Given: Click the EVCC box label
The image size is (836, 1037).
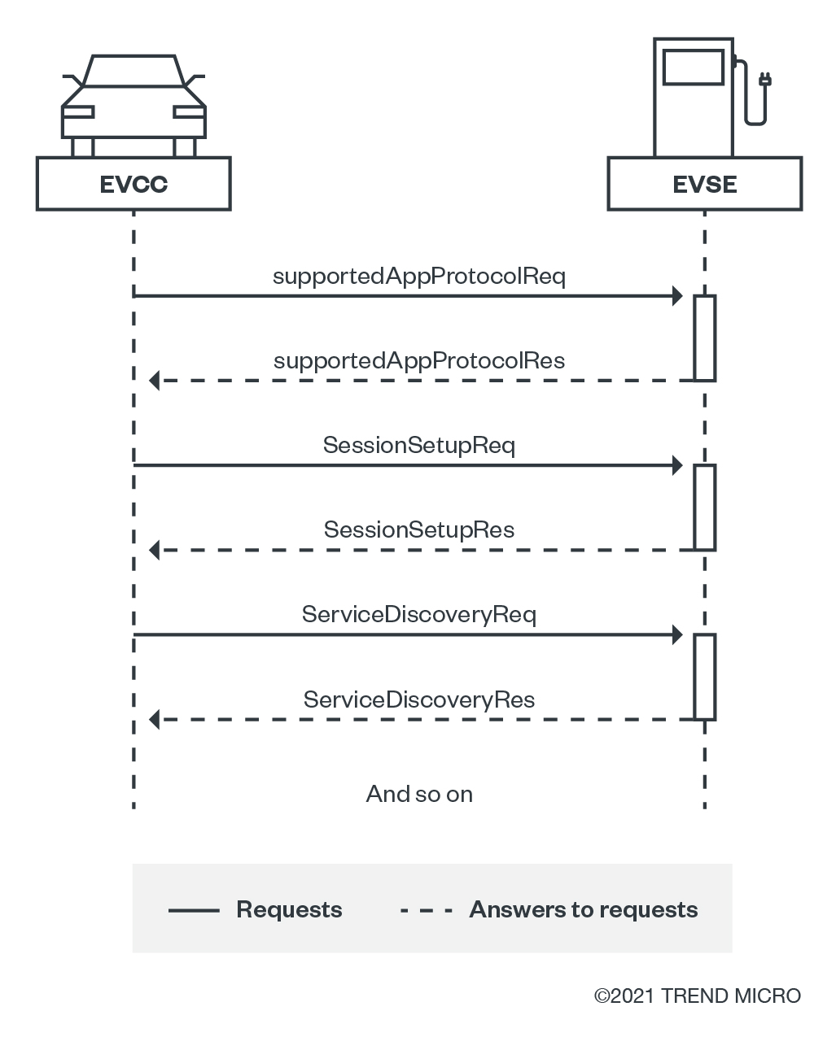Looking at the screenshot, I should coord(133,185).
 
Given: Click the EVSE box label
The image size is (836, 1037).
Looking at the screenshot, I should coord(705,185).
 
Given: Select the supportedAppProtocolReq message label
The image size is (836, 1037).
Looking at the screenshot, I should coord(419,277).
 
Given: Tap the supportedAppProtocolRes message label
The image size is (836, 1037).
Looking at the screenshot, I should coord(419,361).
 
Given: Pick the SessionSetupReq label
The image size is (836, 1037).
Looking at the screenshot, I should coord(419,446).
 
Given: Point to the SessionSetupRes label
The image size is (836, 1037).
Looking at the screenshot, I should coord(419,530).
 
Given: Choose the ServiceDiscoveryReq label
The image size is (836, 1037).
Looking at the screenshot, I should coord(419,615).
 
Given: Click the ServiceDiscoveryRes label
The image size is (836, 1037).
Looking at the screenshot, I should coord(419,700).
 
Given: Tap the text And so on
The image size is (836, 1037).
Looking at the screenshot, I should coord(419,794).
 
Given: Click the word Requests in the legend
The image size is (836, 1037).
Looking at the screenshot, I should coord(289,909).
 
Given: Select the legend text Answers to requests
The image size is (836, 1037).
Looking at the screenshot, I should coord(584,909).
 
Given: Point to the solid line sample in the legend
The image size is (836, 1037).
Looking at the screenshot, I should coord(194,910).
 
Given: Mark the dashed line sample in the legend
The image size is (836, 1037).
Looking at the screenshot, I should coord(426,910).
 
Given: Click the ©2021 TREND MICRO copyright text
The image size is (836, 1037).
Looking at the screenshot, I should coord(698,996).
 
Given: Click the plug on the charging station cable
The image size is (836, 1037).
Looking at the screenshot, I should coord(764,80).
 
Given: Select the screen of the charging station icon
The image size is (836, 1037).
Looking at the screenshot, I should coord(694,67).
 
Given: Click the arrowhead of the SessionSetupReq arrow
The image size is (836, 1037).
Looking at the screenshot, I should coord(677,466).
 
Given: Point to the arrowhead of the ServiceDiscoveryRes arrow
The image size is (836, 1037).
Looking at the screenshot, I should coord(155,719).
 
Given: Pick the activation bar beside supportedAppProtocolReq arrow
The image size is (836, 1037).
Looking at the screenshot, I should coord(705,338).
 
